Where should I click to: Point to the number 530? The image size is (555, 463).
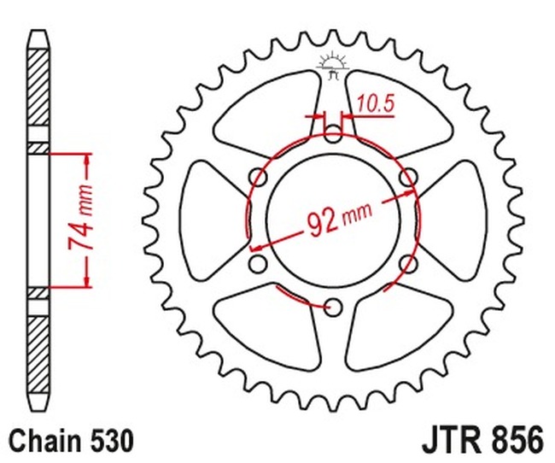109,442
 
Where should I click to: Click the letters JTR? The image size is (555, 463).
450,442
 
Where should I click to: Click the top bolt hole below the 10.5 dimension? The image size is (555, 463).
333,133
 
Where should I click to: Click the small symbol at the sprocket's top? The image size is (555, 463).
333,64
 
